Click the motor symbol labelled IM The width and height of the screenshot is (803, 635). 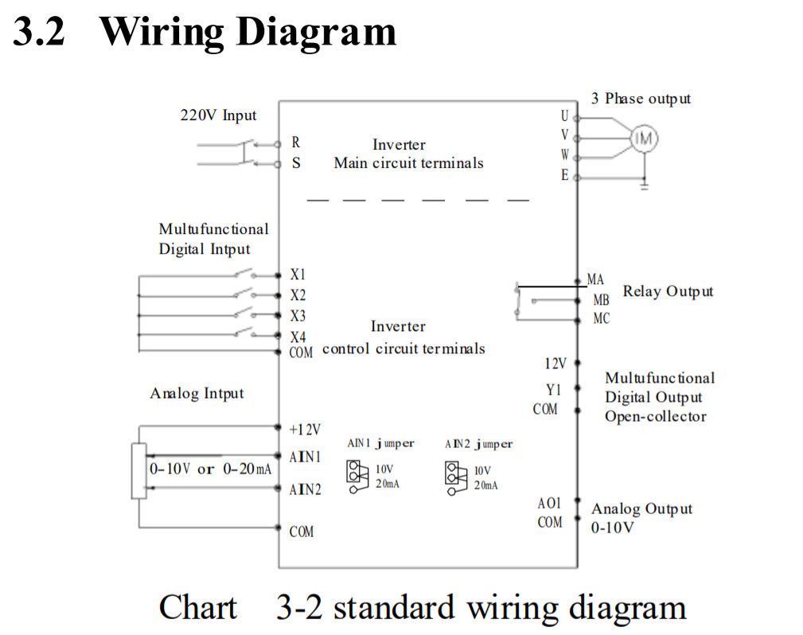(x=645, y=138)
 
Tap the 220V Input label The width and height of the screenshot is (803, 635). (x=218, y=115)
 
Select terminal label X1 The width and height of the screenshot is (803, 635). (x=298, y=275)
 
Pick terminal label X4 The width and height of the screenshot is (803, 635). (x=298, y=337)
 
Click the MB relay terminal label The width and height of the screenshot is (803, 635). (x=601, y=300)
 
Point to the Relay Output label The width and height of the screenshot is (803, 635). (x=668, y=291)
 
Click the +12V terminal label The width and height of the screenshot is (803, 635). (x=305, y=430)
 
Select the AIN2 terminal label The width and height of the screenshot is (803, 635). (x=306, y=489)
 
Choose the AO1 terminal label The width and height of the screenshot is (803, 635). (x=549, y=503)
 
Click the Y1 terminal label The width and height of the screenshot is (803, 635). (x=553, y=390)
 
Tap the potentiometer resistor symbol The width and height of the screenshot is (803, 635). (x=139, y=469)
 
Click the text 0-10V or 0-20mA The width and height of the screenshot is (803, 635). (x=212, y=469)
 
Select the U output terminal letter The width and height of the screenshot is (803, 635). (x=564, y=116)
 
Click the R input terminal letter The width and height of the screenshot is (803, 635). (x=296, y=142)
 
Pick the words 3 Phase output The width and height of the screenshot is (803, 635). (x=641, y=99)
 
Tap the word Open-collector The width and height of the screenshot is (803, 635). (x=655, y=416)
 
